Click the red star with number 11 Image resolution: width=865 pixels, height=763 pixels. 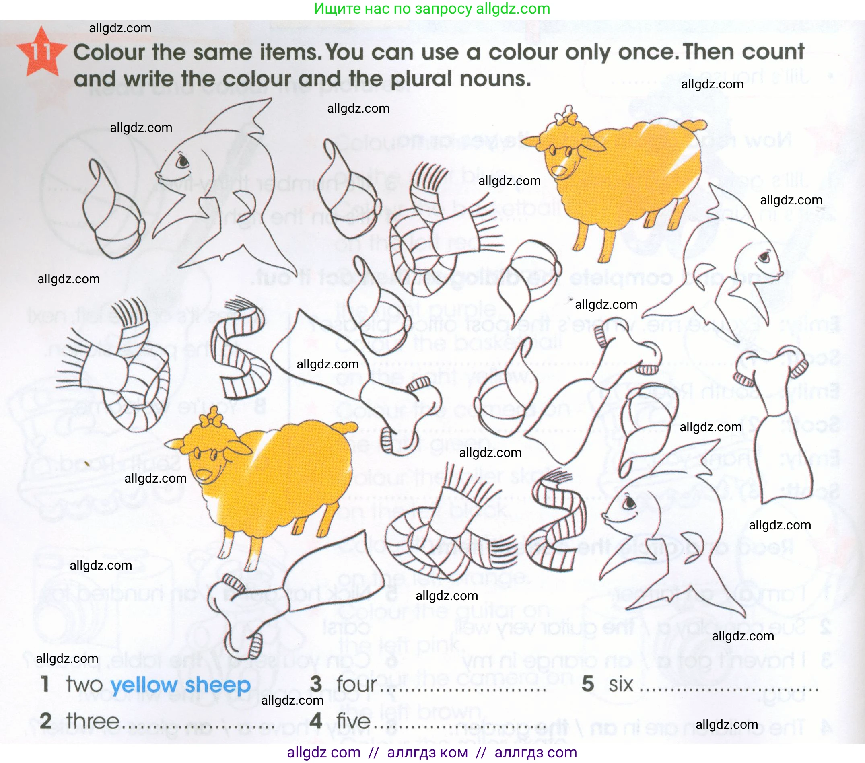tap(41, 52)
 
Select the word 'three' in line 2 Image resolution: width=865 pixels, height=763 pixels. tap(93, 721)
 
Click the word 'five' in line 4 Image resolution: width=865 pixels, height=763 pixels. tap(353, 721)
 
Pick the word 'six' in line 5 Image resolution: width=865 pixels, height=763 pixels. tap(621, 684)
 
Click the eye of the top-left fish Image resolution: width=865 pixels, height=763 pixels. tap(183, 161)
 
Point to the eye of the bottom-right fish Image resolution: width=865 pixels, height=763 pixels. tap(630, 502)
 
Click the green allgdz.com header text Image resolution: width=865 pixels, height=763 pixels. tap(432, 8)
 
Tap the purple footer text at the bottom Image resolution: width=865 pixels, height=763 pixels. tap(432, 753)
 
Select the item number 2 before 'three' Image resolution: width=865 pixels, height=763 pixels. tap(46, 721)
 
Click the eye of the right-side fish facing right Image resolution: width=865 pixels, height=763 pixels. tap(764, 257)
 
